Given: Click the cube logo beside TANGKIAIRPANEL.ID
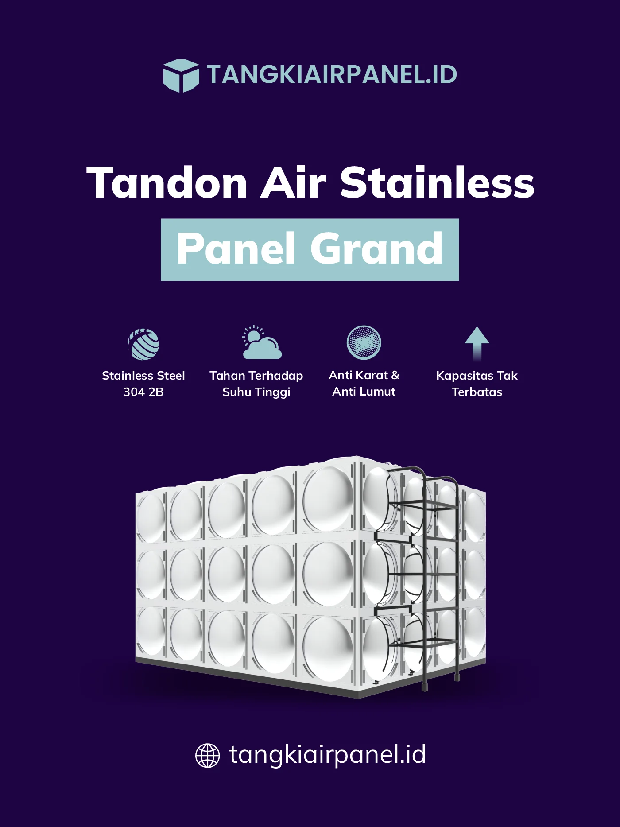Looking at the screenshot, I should pyautogui.click(x=181, y=75).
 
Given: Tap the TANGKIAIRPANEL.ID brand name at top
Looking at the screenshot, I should pyautogui.click(x=332, y=74).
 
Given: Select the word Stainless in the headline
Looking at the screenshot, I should pyautogui.click(x=437, y=182).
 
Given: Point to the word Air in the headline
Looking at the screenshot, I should pyautogui.click(x=293, y=182).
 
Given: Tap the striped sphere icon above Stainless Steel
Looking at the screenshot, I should pyautogui.click(x=143, y=344).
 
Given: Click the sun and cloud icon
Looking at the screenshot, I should pyautogui.click(x=261, y=343).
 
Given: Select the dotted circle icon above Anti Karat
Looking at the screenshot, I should pyautogui.click(x=364, y=343).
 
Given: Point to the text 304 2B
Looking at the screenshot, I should pyautogui.click(x=143, y=392).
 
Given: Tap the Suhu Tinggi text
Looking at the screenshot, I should pyautogui.click(x=256, y=392).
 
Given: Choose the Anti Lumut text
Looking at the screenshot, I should pyautogui.click(x=364, y=392).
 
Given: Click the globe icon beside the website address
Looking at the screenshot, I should pyautogui.click(x=208, y=755).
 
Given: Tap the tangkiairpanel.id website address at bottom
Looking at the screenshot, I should pyautogui.click(x=327, y=754).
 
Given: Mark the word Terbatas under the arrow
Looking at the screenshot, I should pyautogui.click(x=477, y=392).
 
